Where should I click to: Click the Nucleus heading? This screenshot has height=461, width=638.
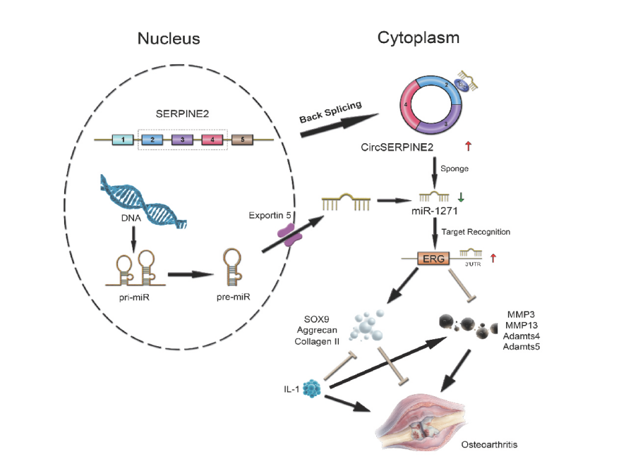[168, 39]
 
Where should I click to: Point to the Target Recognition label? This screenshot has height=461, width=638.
[475, 232]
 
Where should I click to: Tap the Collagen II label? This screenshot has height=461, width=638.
[317, 341]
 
